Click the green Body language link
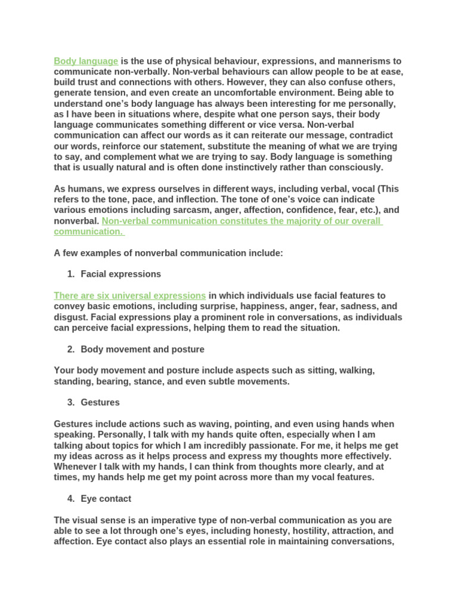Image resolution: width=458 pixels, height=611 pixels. click(x=86, y=61)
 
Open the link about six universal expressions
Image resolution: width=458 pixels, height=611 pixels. click(x=130, y=295)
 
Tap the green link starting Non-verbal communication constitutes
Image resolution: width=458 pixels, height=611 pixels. click(x=242, y=221)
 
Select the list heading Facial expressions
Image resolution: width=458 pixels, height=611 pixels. click(x=120, y=274)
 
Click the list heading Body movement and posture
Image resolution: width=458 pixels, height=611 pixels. click(x=143, y=349)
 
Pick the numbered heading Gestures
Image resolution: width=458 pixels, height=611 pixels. click(x=100, y=402)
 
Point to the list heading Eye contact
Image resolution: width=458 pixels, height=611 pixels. click(x=106, y=498)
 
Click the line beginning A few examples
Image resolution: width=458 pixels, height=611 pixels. click(x=168, y=253)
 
